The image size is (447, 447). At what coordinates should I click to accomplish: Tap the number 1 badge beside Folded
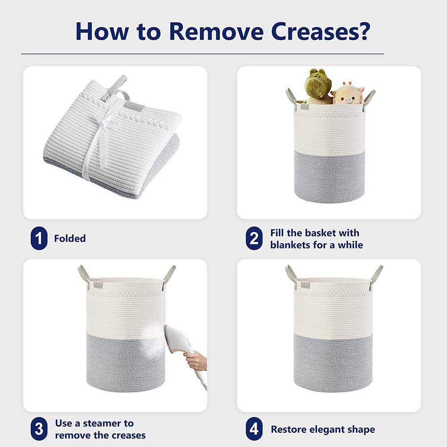click(39, 239)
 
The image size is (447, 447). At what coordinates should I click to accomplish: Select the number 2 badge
click(253, 239)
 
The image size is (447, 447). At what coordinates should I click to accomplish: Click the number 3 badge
click(39, 429)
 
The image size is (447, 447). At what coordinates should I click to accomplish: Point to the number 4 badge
click(253, 430)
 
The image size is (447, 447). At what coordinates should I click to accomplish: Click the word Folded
click(70, 239)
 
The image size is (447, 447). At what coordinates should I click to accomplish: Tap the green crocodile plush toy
click(318, 86)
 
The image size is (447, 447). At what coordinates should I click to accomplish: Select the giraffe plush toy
click(347, 94)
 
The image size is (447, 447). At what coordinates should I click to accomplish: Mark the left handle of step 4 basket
click(291, 273)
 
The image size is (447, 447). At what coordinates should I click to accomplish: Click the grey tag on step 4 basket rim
click(305, 285)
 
